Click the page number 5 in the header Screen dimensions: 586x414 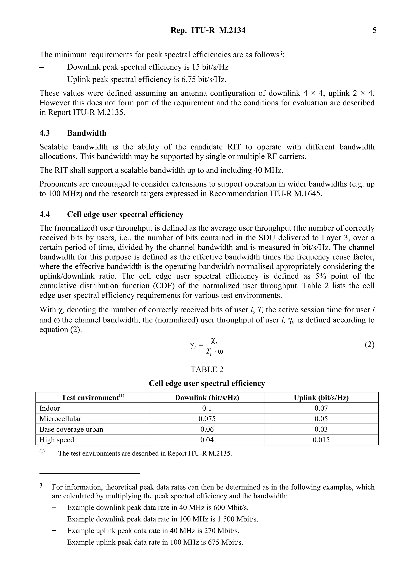pyautogui.click(x=374, y=30)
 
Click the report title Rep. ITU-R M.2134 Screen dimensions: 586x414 pyautogui.click(x=208, y=30)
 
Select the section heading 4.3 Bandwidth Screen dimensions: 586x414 pyautogui.click(x=73, y=133)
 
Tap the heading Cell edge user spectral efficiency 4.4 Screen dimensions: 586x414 pyautogui.click(x=111, y=214)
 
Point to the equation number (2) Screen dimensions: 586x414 pyautogui.click(x=369, y=345)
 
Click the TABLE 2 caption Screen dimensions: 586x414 pyautogui.click(x=207, y=370)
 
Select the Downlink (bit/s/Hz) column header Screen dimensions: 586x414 pyautogui.click(x=207, y=398)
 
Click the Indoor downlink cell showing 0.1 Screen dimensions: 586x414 pyautogui.click(x=207, y=408)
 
